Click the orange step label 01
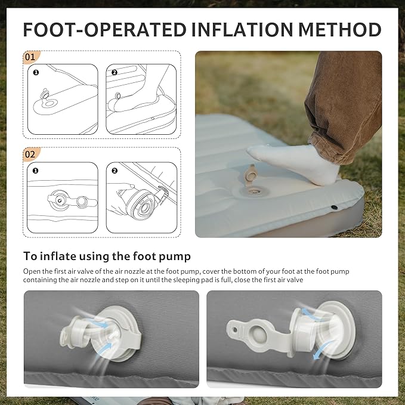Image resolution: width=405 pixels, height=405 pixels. pyautogui.click(x=31, y=57)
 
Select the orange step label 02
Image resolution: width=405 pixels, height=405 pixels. pyautogui.click(x=31, y=154)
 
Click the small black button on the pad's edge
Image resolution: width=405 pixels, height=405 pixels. pyautogui.click(x=334, y=207)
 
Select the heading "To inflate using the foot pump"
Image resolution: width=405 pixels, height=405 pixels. pyautogui.click(x=107, y=256)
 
